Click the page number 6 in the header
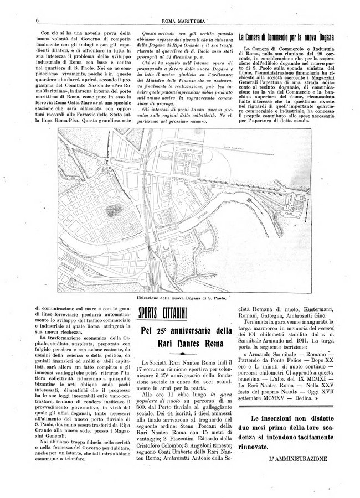[x=35, y=20]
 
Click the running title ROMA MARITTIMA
[x=180, y=20]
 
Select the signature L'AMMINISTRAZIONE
[x=298, y=458]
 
